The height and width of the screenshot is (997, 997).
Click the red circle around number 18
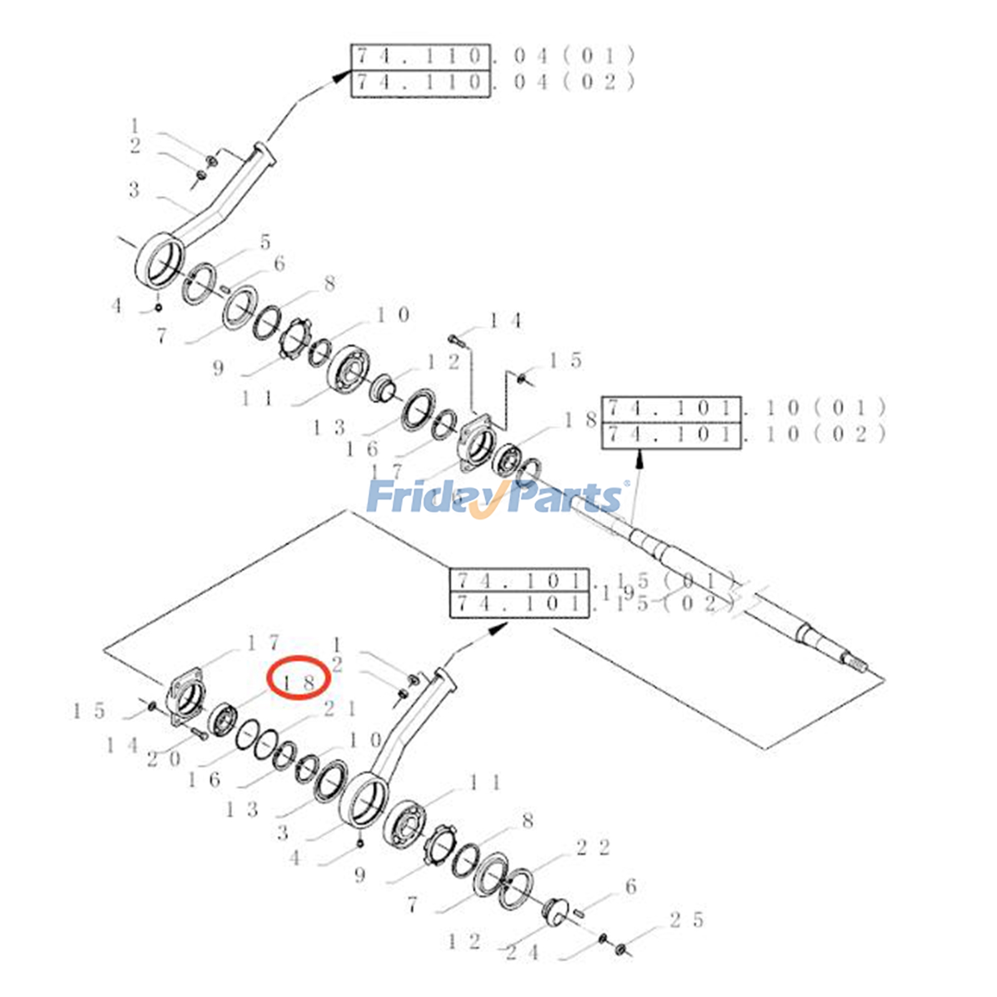click(x=298, y=678)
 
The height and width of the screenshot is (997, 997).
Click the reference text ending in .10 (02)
click(x=744, y=435)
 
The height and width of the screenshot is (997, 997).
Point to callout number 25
click(x=686, y=920)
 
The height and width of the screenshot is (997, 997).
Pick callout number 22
click(x=593, y=847)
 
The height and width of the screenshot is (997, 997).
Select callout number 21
click(x=340, y=708)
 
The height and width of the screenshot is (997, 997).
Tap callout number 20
click(x=163, y=759)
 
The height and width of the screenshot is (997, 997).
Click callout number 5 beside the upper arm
click(x=265, y=242)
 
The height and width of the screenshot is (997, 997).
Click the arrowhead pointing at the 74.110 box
click(x=341, y=75)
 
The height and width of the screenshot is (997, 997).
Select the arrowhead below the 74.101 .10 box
click(x=639, y=459)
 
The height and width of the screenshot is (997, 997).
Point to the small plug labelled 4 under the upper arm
click(x=158, y=307)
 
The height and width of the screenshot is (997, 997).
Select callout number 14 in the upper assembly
click(x=505, y=322)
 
